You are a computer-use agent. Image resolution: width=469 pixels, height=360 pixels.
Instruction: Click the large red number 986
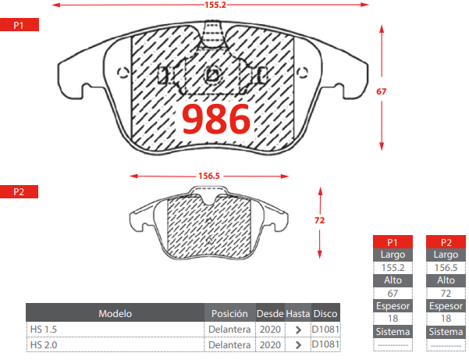pos(216,119)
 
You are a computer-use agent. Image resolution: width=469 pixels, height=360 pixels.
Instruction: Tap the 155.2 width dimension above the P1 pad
pos(215,5)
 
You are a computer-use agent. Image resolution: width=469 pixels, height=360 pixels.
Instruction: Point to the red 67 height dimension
pos(381,91)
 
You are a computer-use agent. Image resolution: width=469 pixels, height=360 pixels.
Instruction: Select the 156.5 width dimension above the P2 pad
pos(209,176)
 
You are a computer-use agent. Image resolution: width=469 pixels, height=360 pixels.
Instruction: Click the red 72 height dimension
pos(319,220)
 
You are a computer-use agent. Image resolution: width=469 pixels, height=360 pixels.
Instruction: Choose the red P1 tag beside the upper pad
pos(20,25)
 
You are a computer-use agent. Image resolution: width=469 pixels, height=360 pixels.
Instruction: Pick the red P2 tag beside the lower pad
pos(19,191)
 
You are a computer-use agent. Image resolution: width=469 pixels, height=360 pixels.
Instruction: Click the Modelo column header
pos(115,313)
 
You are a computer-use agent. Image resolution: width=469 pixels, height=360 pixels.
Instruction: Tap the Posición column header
pos(229,313)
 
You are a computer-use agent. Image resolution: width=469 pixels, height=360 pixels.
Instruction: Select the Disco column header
pos(325,313)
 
